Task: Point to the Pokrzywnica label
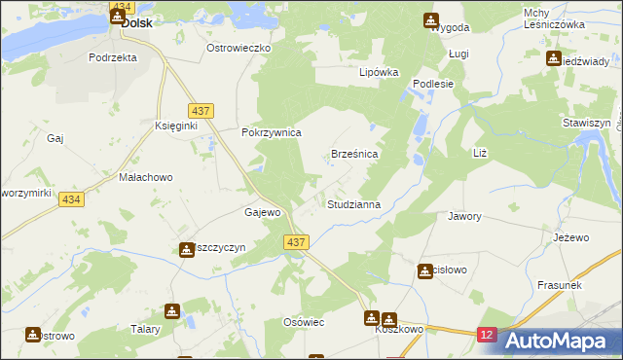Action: tap(272, 132)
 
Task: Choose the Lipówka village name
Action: tap(380, 72)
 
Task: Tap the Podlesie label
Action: tap(434, 84)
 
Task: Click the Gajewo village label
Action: tap(263, 212)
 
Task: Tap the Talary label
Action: tap(145, 329)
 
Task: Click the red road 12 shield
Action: tap(487, 334)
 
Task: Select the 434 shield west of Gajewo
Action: tap(69, 199)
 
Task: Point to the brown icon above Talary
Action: tap(172, 311)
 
